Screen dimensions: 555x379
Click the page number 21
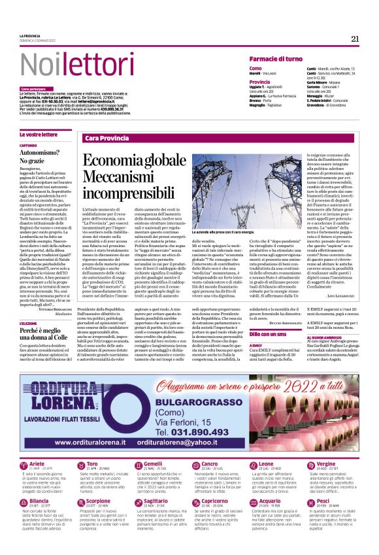pyautogui.click(x=355, y=39)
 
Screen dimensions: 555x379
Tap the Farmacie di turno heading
pyautogui.click(x=275, y=59)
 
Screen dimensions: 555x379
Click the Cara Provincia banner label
pyautogui.click(x=107, y=138)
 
